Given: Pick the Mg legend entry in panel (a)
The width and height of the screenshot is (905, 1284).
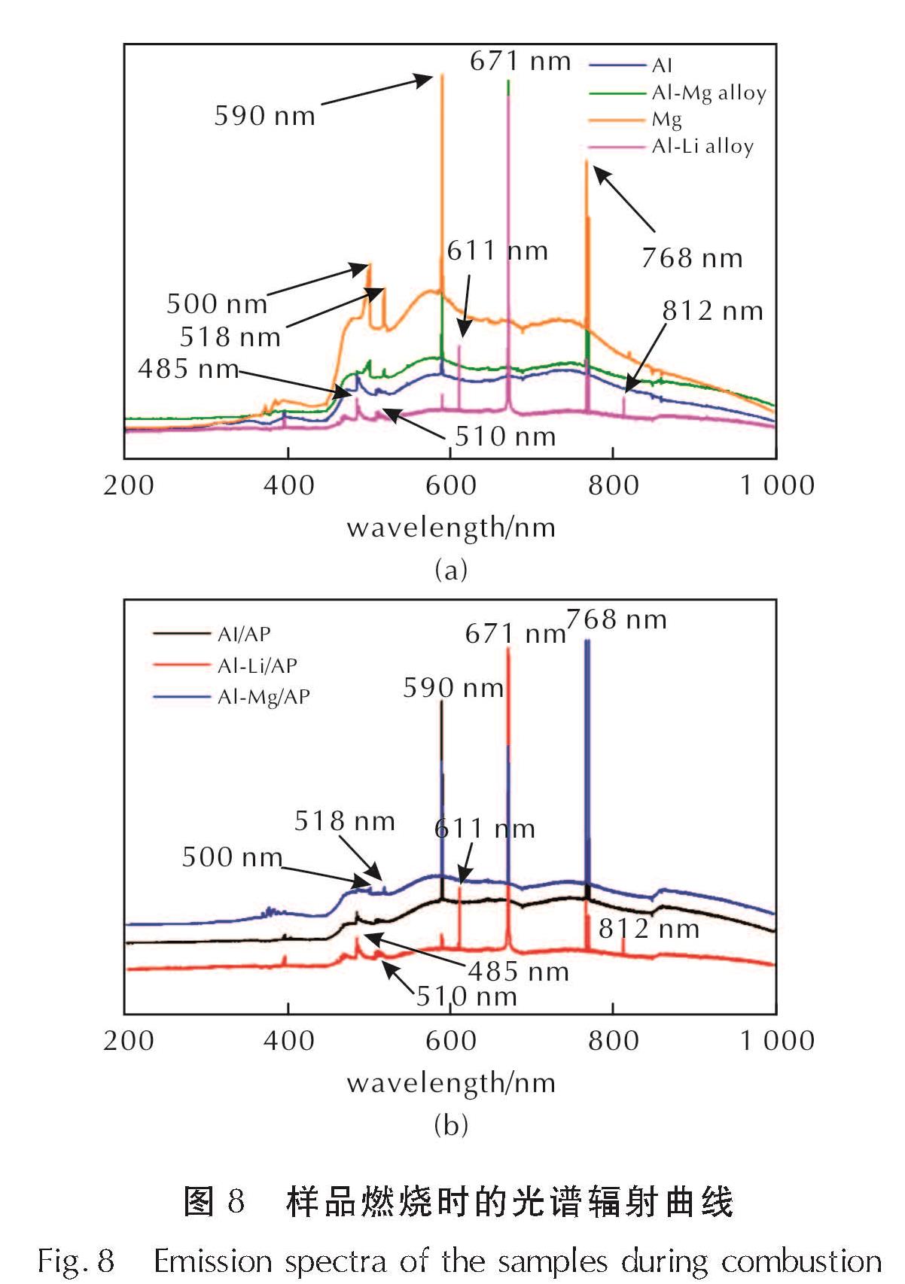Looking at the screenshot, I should click(x=667, y=120).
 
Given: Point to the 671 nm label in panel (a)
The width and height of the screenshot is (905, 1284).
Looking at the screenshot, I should click(x=520, y=61).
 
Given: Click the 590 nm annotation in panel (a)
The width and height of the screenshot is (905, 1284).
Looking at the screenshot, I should click(x=264, y=116).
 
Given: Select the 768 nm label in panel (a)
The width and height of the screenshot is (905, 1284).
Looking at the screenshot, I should click(x=692, y=258).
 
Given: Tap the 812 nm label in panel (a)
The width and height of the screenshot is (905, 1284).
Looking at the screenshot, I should click(x=712, y=311).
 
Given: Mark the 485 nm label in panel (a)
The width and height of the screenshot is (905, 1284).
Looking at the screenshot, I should click(x=188, y=369).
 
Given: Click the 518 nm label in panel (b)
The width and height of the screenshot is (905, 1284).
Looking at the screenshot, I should click(x=344, y=820).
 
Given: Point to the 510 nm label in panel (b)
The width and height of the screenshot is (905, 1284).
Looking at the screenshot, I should click(x=467, y=996).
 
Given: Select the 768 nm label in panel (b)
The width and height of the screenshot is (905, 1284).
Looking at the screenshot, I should click(x=617, y=619).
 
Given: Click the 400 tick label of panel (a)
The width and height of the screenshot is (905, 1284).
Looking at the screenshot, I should click(x=288, y=485).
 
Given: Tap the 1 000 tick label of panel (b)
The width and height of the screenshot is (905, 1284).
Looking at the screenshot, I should click(x=777, y=1041).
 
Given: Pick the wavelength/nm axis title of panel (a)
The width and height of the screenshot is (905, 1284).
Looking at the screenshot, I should click(x=451, y=528).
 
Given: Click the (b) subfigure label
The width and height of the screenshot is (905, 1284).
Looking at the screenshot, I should click(x=451, y=1125).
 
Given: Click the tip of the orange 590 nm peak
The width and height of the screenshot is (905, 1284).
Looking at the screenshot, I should click(x=442, y=74).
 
